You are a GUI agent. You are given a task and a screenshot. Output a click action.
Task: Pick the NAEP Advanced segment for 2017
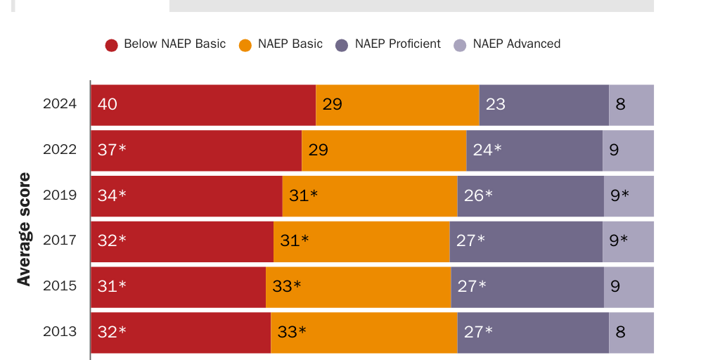click(628, 241)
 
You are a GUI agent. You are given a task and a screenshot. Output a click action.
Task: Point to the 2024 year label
click(60, 105)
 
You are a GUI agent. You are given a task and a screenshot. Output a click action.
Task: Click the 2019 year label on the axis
click(60, 195)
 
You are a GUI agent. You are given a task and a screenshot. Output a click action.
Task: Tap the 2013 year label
click(60, 332)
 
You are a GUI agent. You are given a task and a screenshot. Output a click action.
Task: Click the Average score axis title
click(25, 229)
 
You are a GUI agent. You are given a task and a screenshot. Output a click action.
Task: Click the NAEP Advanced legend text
click(516, 44)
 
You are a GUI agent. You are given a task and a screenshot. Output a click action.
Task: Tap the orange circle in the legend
click(245, 45)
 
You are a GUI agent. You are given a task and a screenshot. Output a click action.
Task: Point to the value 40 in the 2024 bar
click(108, 105)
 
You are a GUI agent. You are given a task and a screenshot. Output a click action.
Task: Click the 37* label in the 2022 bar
click(112, 150)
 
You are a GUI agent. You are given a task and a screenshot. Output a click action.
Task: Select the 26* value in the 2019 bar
click(478, 195)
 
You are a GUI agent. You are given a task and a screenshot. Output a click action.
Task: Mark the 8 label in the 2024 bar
click(620, 105)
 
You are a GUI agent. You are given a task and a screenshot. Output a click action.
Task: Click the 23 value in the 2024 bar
click(496, 105)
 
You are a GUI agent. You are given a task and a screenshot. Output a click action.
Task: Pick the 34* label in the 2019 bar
click(112, 195)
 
